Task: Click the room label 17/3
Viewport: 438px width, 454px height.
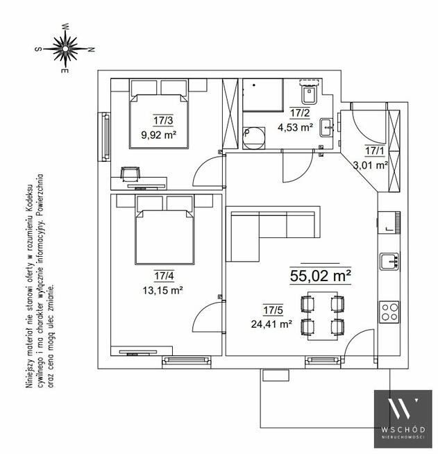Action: (x=163, y=120)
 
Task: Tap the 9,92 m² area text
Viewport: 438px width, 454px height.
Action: (x=159, y=135)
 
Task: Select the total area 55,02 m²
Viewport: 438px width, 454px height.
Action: (x=321, y=276)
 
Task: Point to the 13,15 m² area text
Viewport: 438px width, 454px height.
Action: (x=162, y=290)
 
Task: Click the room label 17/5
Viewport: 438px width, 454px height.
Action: (x=273, y=310)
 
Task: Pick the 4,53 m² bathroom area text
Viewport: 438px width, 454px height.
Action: (x=295, y=127)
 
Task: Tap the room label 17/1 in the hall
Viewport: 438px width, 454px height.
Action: (x=374, y=151)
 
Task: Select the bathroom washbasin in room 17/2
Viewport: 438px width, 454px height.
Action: (x=327, y=127)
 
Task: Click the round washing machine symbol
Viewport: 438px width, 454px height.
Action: (x=253, y=138)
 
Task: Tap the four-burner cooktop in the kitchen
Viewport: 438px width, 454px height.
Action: (x=389, y=312)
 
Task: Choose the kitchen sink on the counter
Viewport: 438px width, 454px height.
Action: (x=389, y=262)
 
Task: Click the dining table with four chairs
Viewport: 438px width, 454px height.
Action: (x=323, y=316)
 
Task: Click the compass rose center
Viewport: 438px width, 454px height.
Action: (x=65, y=49)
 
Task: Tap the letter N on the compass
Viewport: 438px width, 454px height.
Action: (x=91, y=49)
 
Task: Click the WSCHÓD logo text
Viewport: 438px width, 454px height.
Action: (x=403, y=430)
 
